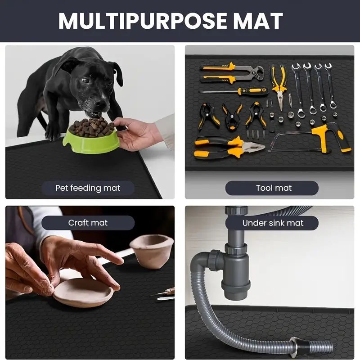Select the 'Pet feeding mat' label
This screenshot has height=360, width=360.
tap(88, 188)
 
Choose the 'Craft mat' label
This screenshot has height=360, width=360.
tap(88, 223)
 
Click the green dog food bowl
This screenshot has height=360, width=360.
tap(91, 140)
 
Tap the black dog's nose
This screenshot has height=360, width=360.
tap(100, 102)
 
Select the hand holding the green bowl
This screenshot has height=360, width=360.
tap(135, 134)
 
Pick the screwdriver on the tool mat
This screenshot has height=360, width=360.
tap(234, 92)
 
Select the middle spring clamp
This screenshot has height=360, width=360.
tap(232, 117)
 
